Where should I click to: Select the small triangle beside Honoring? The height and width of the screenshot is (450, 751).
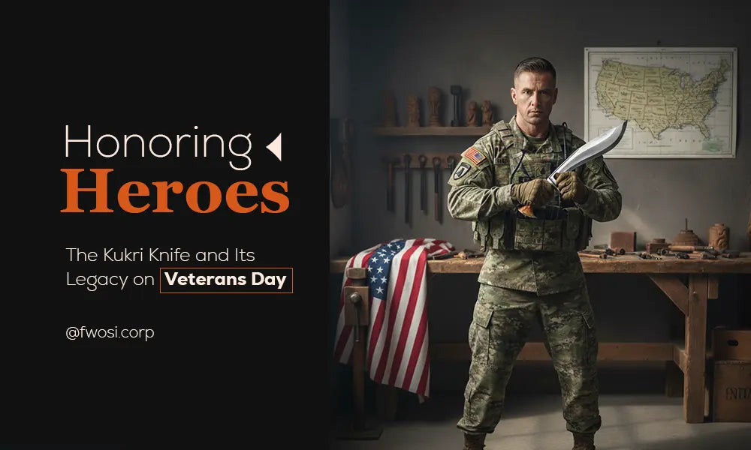tap(274, 147)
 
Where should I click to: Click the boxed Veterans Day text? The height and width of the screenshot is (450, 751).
tap(226, 280)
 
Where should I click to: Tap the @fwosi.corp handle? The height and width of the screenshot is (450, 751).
tap(110, 333)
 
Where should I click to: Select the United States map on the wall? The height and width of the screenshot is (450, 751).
tap(659, 103)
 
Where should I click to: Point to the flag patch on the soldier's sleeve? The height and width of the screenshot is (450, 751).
tap(474, 156)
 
